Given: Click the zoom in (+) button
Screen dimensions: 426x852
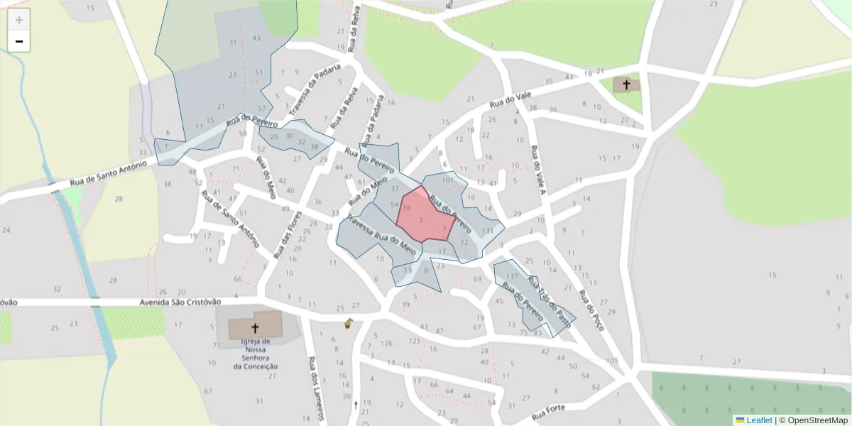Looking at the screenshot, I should (19, 20).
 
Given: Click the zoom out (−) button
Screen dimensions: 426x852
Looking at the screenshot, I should (19, 42).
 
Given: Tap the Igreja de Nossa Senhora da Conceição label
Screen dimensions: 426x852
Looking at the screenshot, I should (255, 354).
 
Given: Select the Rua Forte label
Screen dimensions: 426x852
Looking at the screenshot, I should (548, 412).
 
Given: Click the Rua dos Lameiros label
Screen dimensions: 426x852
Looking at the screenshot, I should (317, 388).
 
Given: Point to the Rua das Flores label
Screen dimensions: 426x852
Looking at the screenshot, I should (286, 234).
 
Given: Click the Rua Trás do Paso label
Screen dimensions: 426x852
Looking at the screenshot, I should (549, 297).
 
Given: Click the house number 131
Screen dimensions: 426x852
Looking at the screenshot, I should (487, 231).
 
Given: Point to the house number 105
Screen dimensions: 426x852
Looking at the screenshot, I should (613, 361).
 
